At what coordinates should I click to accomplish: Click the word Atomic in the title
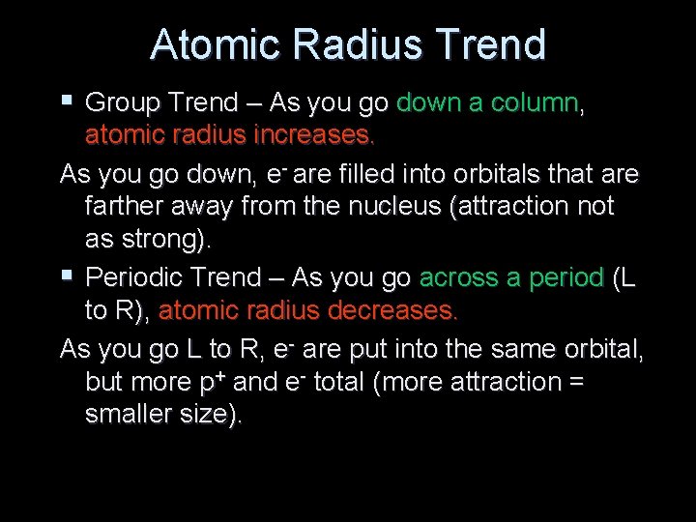click(x=207, y=44)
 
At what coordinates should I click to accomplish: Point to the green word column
click(x=533, y=102)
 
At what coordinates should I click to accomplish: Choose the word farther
click(x=124, y=208)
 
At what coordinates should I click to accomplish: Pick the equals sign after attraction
click(x=575, y=383)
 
